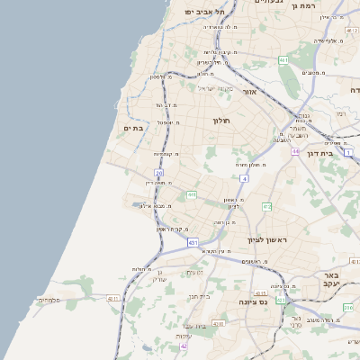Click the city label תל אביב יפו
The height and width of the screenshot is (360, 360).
click(202, 11)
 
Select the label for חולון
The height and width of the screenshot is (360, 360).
click(222, 121)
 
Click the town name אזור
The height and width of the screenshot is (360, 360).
click(249, 92)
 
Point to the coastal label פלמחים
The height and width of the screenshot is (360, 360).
click(48, 300)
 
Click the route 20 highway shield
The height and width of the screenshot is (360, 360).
click(158, 173)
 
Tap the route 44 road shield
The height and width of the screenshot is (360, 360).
click(295, 151)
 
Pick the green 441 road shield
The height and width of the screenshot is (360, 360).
click(192, 194)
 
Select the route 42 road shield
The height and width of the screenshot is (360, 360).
click(184, 346)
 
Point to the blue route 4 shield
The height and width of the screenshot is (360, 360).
click(244, 179)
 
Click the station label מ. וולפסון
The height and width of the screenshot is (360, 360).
click(159, 76)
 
